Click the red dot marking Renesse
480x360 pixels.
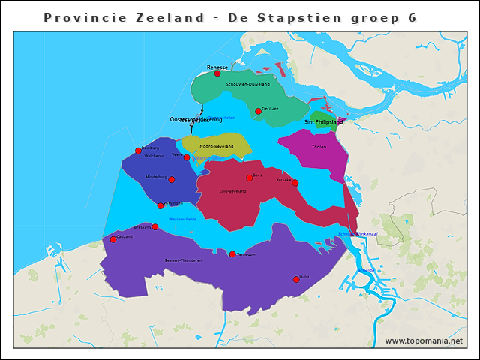(217, 73)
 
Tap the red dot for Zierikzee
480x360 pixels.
(258, 111)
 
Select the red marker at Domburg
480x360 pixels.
(138, 151)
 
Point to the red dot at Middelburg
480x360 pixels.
(172, 179)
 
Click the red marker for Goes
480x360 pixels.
(250, 178)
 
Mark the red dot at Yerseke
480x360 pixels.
(295, 183)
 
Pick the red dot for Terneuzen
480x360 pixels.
(232, 254)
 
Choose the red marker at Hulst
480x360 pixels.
(296, 279)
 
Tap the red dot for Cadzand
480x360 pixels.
(113, 239)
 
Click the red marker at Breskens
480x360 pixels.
(155, 226)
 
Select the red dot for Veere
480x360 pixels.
(187, 157)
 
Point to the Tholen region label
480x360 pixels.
(319, 147)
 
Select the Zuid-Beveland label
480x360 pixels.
(232, 190)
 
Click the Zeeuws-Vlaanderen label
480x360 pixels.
(183, 260)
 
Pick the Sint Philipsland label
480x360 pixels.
(323, 121)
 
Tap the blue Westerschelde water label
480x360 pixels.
(183, 220)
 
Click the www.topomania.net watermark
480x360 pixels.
(424, 341)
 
